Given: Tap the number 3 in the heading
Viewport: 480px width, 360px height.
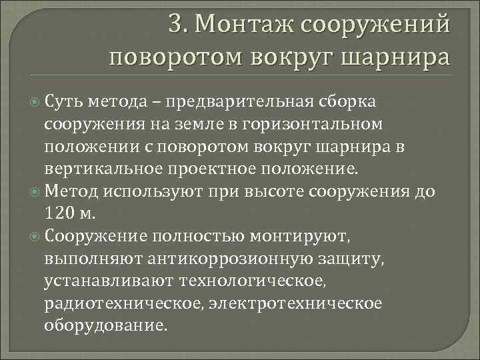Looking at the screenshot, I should coord(176,25).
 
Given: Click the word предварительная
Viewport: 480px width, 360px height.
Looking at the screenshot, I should coord(243,101).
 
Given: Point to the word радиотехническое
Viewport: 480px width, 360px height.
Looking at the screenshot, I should coord(123,304).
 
